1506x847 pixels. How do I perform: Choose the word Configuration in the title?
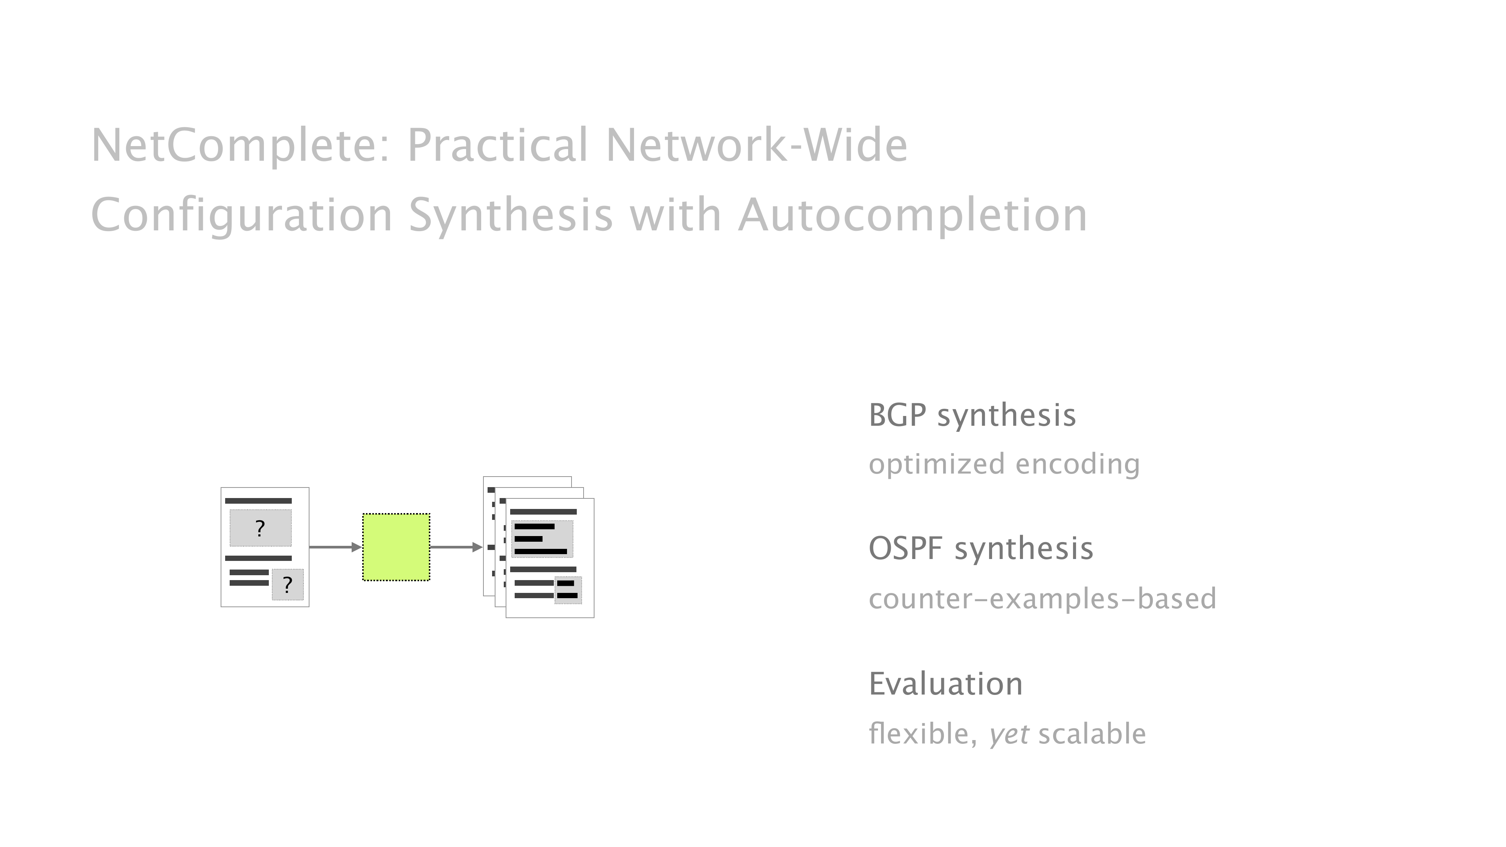241,215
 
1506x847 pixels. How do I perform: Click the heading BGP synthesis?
972,416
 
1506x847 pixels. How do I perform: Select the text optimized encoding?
1004,464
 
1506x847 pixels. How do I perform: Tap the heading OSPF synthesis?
980,548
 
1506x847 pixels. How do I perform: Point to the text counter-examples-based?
1042,599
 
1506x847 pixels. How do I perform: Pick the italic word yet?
1009,734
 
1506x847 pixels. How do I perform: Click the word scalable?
1091,734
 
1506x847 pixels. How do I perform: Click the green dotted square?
396,547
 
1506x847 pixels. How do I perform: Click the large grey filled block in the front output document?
542,538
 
